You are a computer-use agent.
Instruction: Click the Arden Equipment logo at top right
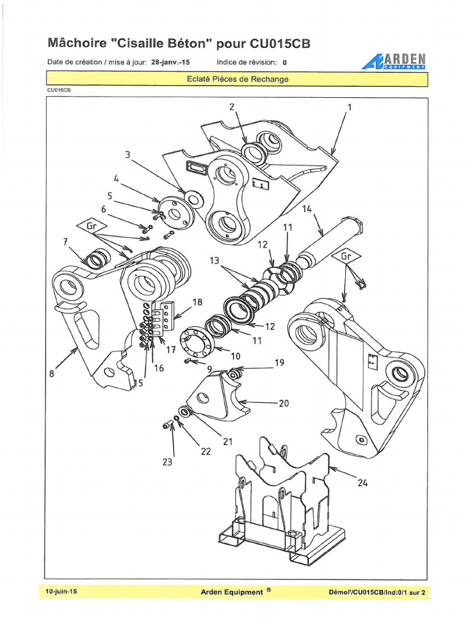pos(394,61)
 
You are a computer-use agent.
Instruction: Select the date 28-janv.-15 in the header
pos(171,62)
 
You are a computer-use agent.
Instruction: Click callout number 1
pos(349,107)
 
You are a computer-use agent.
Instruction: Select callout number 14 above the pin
pos(306,208)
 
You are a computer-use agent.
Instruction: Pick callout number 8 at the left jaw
pos(52,374)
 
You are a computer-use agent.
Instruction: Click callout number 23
pos(166,462)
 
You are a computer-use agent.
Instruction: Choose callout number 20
pos(283,403)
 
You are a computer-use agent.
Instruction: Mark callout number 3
pos(128,155)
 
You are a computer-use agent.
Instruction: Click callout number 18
pos(197,302)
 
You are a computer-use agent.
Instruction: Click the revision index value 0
pos(285,62)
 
